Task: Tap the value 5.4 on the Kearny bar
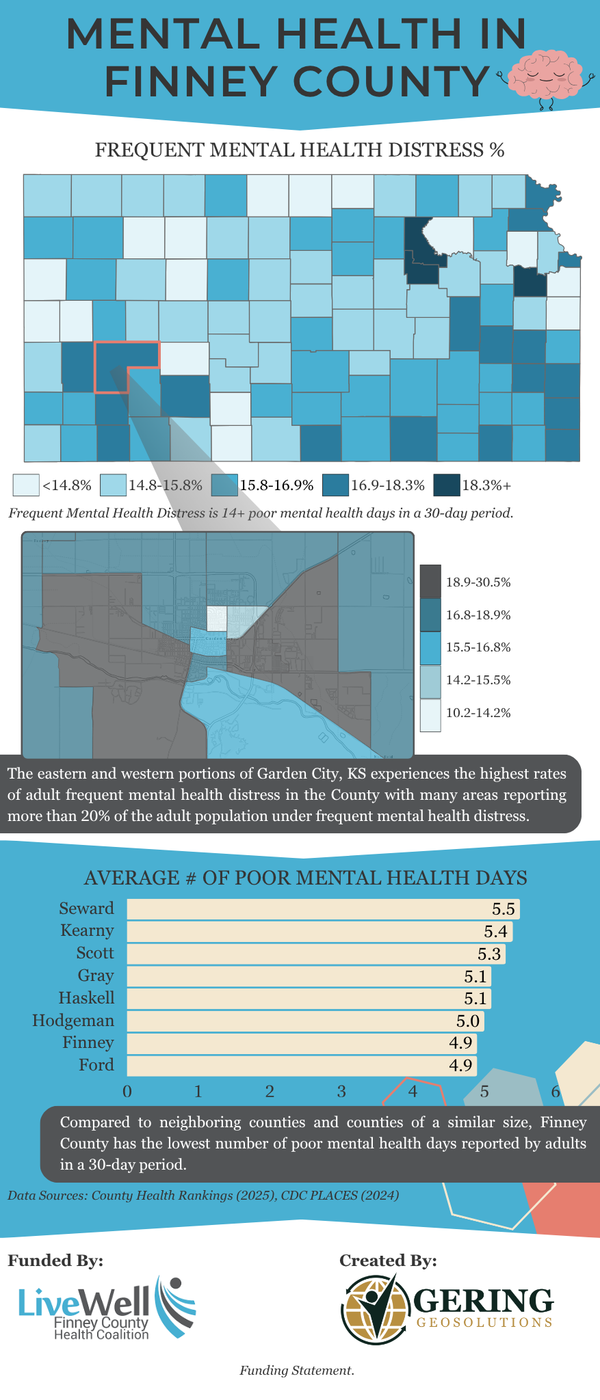pyautogui.click(x=495, y=932)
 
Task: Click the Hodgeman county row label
pyautogui.click(x=73, y=1021)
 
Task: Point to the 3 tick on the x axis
pyautogui.click(x=341, y=1091)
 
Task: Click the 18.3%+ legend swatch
pyautogui.click(x=447, y=485)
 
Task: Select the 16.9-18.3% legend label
pyautogui.click(x=388, y=486)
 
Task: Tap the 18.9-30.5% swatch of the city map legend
pyautogui.click(x=430, y=582)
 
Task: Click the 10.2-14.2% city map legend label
pyautogui.click(x=478, y=713)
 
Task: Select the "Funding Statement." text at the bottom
pyautogui.click(x=297, y=1370)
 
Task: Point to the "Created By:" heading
pyautogui.click(x=388, y=1261)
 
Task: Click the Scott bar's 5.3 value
pyautogui.click(x=488, y=954)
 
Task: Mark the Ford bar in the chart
pyautogui.click(x=301, y=1066)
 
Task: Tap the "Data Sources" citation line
pyautogui.click(x=203, y=1196)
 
